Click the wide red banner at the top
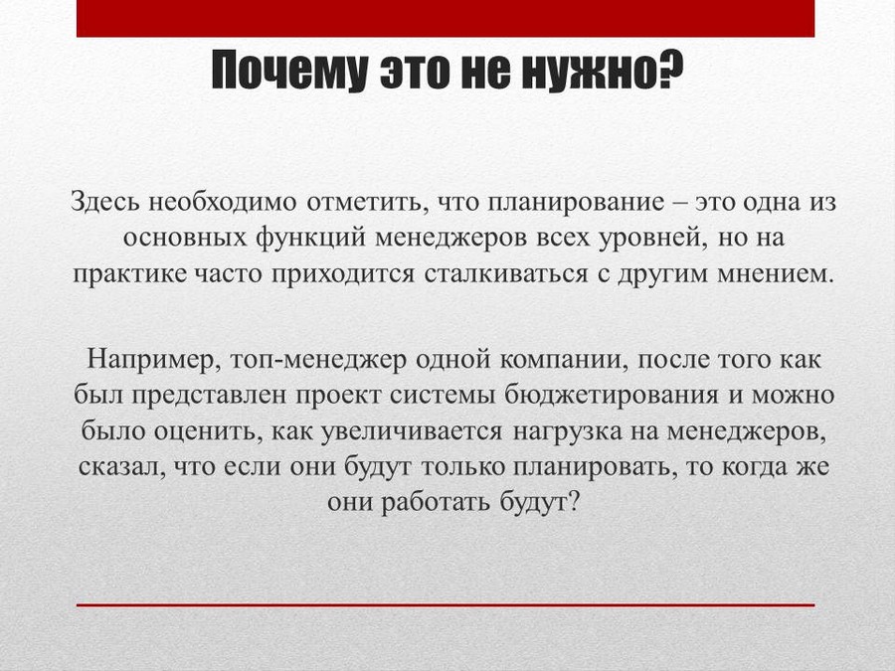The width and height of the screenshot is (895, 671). click(x=446, y=18)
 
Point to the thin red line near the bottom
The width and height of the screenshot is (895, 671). click(x=446, y=604)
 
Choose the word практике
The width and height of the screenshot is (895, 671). click(x=130, y=275)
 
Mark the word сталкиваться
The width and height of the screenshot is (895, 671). click(x=506, y=275)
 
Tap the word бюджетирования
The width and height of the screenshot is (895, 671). click(x=612, y=397)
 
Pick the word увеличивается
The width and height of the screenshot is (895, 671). click(x=412, y=432)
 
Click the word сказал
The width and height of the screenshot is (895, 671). click(x=121, y=468)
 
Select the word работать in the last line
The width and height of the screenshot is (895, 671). click(x=436, y=503)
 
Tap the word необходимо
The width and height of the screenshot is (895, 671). click(x=223, y=203)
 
